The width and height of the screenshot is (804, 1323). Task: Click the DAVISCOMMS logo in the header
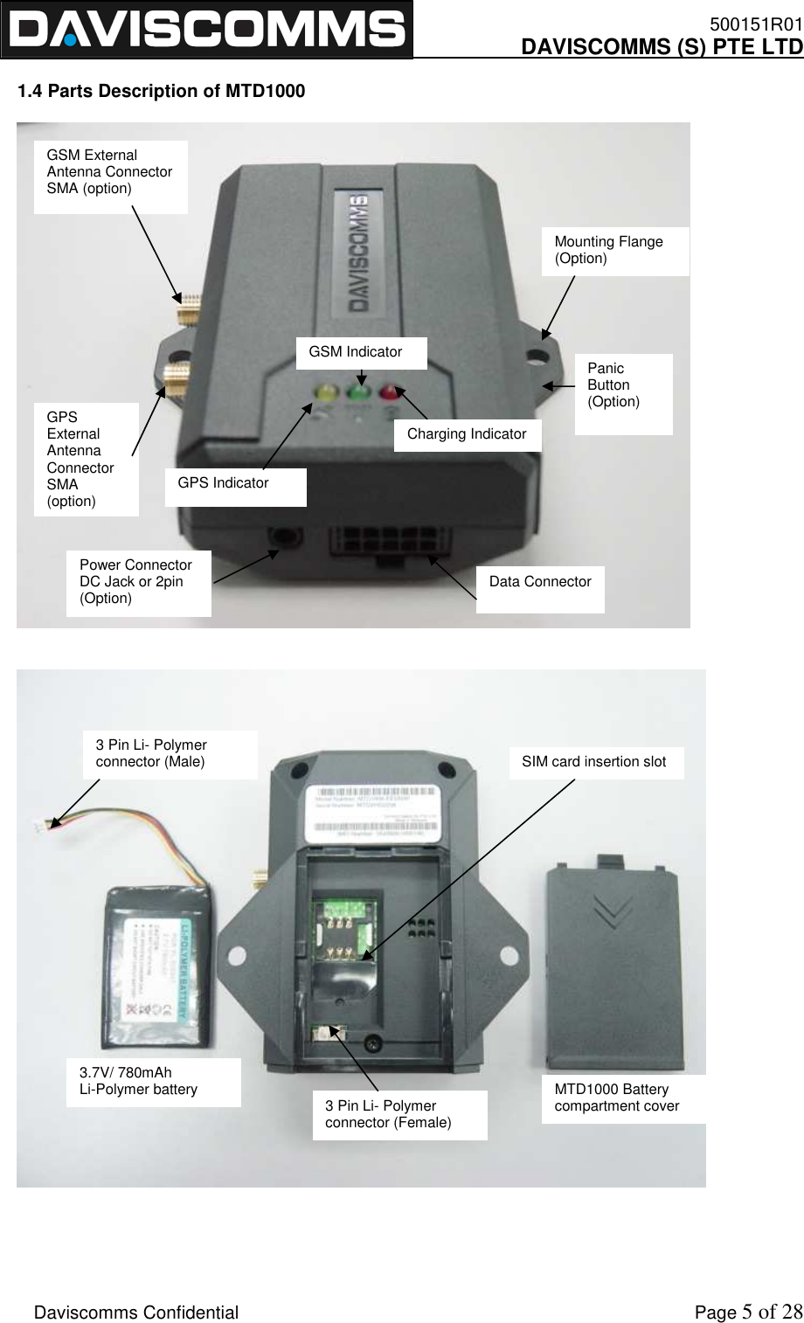(x=206, y=30)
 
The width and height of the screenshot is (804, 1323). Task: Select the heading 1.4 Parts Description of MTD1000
(x=162, y=91)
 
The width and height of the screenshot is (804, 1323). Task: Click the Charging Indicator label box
(x=467, y=434)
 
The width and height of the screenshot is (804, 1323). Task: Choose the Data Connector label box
(x=540, y=583)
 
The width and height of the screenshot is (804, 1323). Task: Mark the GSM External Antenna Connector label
(x=110, y=173)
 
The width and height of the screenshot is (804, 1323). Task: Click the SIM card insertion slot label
(x=595, y=762)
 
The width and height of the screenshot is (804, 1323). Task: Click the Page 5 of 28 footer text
(x=747, y=1313)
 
